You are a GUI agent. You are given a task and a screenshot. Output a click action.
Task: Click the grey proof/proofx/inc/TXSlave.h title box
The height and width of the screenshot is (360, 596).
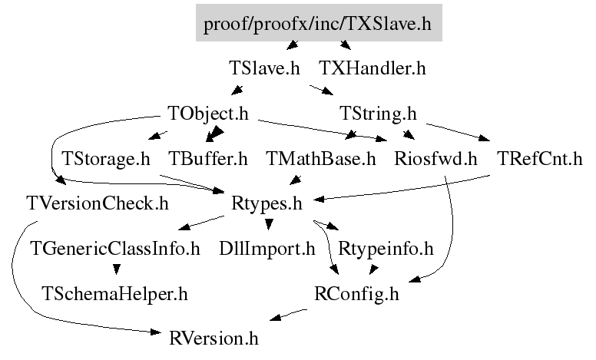pos(319,22)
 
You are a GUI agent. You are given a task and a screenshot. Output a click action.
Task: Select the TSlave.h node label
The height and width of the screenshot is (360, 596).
pos(264,68)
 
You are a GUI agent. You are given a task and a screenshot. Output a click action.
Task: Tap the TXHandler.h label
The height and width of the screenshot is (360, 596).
pos(372,68)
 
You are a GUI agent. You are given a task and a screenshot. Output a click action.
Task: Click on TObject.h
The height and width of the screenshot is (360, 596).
pos(208,114)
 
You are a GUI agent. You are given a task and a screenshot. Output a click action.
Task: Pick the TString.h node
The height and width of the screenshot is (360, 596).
pos(378,114)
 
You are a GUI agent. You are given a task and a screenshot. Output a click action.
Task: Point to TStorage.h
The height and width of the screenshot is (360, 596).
pos(106,159)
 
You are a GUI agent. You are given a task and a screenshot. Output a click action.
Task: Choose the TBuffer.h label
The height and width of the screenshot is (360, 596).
pos(208,159)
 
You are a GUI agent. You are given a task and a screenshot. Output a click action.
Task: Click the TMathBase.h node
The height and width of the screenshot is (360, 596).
pos(321,159)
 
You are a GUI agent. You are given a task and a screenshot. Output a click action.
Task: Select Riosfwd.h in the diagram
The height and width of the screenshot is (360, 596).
pos(435,159)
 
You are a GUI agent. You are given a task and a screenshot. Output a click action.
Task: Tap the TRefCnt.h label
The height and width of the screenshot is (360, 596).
pos(540,159)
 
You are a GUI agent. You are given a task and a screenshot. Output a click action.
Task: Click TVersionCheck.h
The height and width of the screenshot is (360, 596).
pos(98,203)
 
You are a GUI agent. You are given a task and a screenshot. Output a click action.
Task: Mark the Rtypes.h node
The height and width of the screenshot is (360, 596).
pos(267,204)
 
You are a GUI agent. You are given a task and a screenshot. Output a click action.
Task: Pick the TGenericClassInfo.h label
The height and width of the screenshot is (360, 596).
pos(115,249)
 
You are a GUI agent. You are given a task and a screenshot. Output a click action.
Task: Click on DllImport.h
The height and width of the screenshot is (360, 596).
pos(267,249)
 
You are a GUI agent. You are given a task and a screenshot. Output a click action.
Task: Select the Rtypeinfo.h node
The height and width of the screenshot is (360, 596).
pos(386,249)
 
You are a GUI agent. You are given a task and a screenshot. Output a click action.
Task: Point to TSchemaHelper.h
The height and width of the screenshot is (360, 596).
pos(114,293)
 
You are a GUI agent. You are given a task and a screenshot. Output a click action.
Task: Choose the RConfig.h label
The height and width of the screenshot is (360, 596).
pos(356,294)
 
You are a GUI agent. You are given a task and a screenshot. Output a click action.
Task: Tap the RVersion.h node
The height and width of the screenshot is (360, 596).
pos(214,339)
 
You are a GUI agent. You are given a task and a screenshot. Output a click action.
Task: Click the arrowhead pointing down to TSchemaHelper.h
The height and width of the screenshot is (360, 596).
pos(117,269)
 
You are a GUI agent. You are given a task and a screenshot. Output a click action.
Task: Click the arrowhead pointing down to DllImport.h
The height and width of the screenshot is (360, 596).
pos(269,224)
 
